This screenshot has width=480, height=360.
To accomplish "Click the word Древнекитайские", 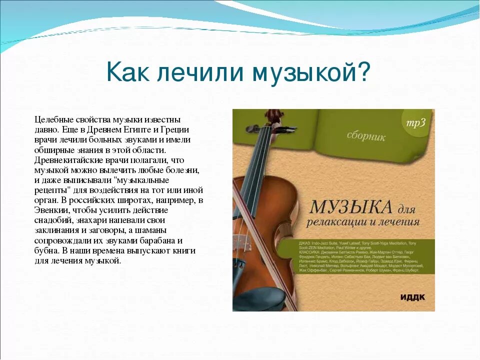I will pos(66,160).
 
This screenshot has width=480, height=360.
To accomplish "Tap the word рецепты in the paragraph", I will pos(52,190).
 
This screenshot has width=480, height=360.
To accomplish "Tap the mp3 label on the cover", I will pos(415,123).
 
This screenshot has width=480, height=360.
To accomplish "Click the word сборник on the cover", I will pos(366,136).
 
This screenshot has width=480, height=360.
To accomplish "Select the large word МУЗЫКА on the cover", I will pos(349,206).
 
